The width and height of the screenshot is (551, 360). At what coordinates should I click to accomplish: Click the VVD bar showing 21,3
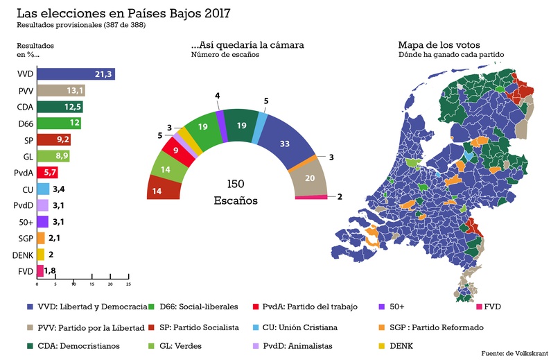click(76, 74)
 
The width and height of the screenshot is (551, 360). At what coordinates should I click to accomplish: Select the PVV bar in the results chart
click(61, 90)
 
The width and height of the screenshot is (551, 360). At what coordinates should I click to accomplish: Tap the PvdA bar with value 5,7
click(47, 172)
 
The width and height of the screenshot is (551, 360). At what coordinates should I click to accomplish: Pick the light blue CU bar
click(43, 189)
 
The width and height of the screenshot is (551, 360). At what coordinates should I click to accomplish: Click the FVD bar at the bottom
click(40, 271)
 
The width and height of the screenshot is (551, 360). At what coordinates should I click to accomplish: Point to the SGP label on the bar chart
click(26, 239)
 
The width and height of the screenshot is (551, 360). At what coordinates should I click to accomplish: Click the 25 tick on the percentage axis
click(129, 284)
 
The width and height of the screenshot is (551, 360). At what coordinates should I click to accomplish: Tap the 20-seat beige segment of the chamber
click(310, 178)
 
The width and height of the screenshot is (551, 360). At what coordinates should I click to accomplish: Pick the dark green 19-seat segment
click(241, 126)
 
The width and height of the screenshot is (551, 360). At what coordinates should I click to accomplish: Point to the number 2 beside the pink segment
click(340, 197)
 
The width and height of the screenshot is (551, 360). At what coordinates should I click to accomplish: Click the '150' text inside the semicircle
click(236, 184)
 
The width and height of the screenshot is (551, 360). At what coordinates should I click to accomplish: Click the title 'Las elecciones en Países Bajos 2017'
click(123, 13)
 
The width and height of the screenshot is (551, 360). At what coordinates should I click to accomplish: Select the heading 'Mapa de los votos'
click(439, 45)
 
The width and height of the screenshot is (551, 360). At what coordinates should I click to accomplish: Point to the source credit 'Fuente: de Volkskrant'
click(514, 353)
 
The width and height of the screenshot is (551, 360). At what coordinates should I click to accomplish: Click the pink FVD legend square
click(479, 307)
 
